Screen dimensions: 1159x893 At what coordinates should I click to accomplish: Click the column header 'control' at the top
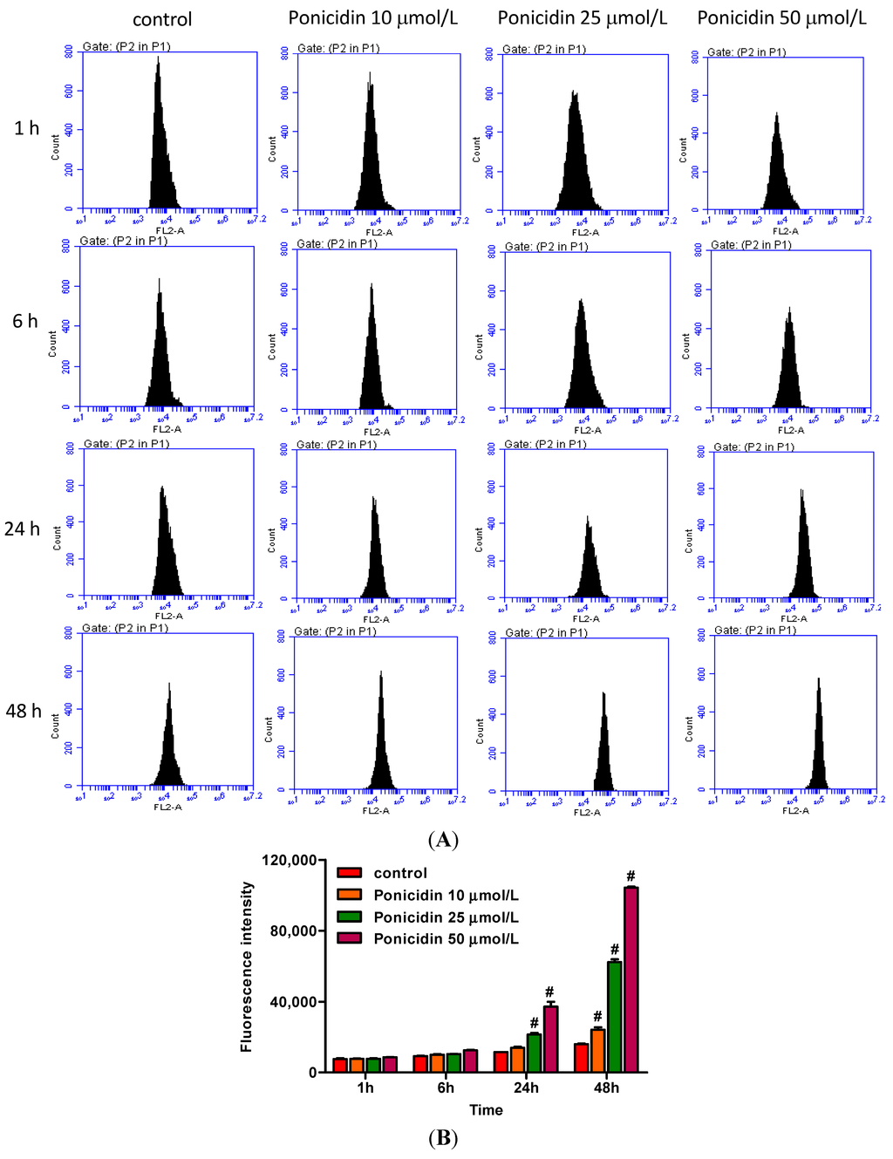pyautogui.click(x=162, y=19)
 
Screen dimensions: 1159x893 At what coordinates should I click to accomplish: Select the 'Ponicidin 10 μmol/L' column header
pyautogui.click(x=372, y=18)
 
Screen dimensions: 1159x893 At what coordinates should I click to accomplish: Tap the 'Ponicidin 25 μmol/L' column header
pyautogui.click(x=582, y=18)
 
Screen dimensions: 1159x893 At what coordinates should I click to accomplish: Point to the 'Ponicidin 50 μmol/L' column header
pyautogui.click(x=781, y=18)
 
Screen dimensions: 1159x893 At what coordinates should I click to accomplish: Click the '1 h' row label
pyautogui.click(x=26, y=128)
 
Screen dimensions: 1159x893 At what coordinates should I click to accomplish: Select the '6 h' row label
pyautogui.click(x=25, y=321)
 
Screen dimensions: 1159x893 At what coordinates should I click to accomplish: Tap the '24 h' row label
pyautogui.click(x=22, y=528)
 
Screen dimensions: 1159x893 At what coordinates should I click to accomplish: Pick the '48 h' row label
pyautogui.click(x=24, y=711)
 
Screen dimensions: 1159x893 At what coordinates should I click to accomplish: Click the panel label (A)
pyautogui.click(x=443, y=839)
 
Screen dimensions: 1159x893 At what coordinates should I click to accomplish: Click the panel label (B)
pyautogui.click(x=443, y=1137)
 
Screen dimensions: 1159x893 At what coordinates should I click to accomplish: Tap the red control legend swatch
pyautogui.click(x=350, y=873)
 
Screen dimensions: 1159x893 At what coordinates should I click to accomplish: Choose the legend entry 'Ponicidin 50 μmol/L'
pyautogui.click(x=446, y=938)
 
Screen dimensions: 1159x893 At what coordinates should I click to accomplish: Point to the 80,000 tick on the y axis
pyautogui.click(x=293, y=931)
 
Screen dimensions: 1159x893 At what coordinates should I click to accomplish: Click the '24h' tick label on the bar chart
pyautogui.click(x=526, y=1087)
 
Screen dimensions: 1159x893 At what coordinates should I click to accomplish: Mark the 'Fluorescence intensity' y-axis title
pyautogui.click(x=247, y=966)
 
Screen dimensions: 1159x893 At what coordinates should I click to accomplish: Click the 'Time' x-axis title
pyautogui.click(x=486, y=1109)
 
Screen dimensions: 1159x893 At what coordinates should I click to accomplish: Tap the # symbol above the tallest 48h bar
pyautogui.click(x=631, y=876)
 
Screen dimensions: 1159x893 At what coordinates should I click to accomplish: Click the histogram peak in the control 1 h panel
pyautogui.click(x=158, y=61)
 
